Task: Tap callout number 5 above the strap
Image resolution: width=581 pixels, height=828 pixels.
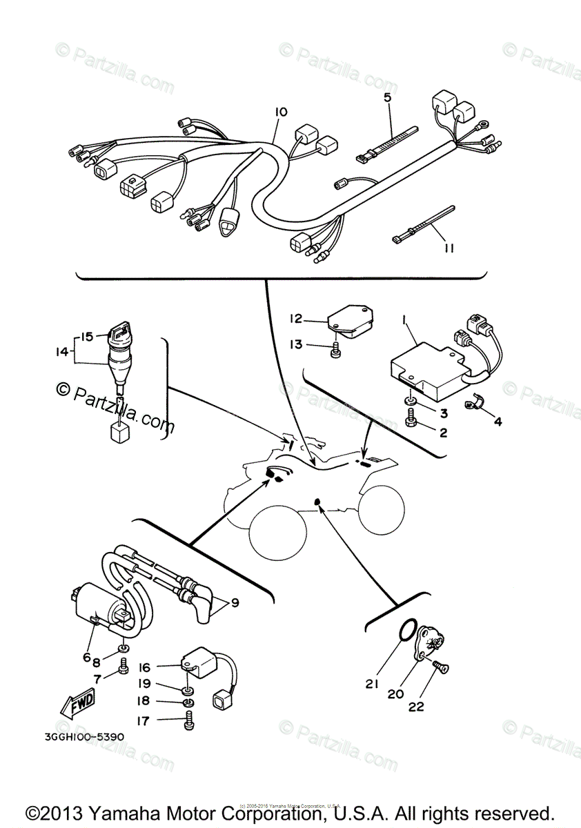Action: pos(387,98)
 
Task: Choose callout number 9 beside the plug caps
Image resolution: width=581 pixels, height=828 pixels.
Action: pos(235,602)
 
